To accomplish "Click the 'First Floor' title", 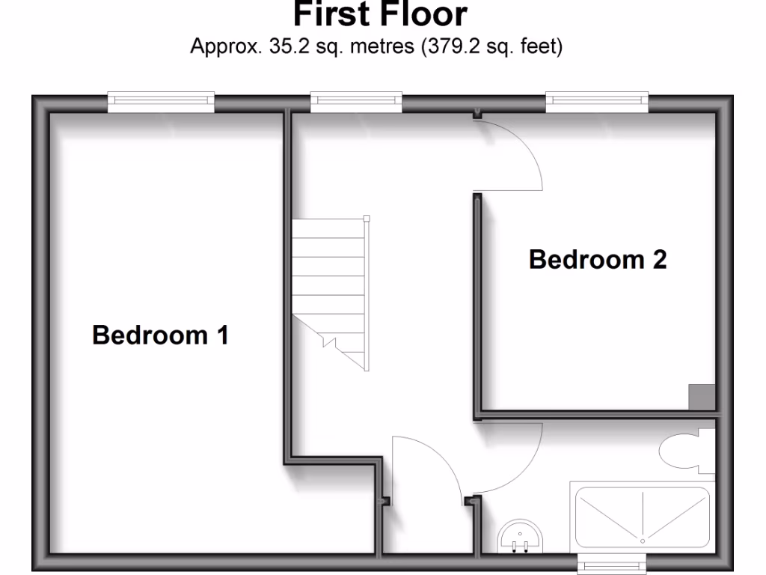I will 380,13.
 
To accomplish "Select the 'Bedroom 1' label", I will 160,335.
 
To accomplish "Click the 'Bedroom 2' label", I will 598,260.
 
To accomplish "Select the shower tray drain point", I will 642,537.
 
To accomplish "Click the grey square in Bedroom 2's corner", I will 701,397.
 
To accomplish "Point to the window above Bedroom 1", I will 161,102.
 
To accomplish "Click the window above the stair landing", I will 356,102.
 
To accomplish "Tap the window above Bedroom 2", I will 597,102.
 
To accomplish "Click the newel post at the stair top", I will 367,219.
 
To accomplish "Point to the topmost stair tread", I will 329,228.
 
